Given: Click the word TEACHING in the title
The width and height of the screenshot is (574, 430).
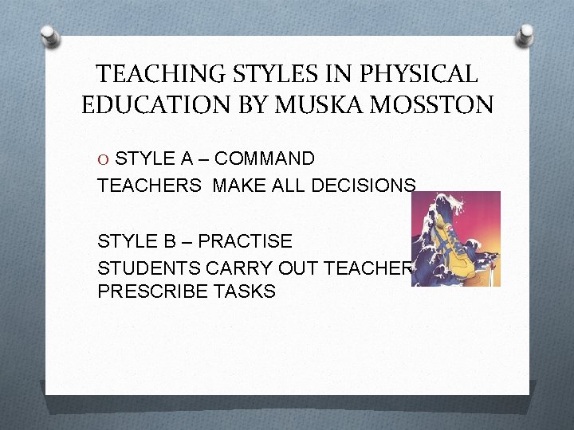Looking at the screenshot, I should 152,74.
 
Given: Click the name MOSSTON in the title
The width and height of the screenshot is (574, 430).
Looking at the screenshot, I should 431,104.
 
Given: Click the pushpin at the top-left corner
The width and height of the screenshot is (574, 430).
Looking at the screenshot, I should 49,37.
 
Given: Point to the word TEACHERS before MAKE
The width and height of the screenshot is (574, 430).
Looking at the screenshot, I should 149,186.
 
